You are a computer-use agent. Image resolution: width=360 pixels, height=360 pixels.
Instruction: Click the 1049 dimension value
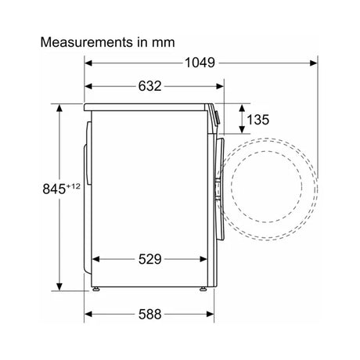tap(200, 63)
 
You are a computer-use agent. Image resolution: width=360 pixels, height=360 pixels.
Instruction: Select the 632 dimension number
tap(150, 86)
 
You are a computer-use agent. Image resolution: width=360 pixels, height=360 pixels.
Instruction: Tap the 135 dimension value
tap(257, 120)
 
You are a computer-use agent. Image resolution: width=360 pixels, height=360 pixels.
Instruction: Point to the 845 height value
tap(54, 189)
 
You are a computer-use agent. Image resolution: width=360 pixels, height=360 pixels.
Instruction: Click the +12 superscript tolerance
tap(74, 186)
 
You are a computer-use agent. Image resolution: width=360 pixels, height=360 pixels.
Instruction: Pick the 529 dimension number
tap(150, 259)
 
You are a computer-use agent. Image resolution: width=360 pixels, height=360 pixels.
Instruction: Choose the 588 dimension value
tap(150, 314)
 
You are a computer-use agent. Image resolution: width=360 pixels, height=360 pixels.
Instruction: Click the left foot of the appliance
tap(96, 289)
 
